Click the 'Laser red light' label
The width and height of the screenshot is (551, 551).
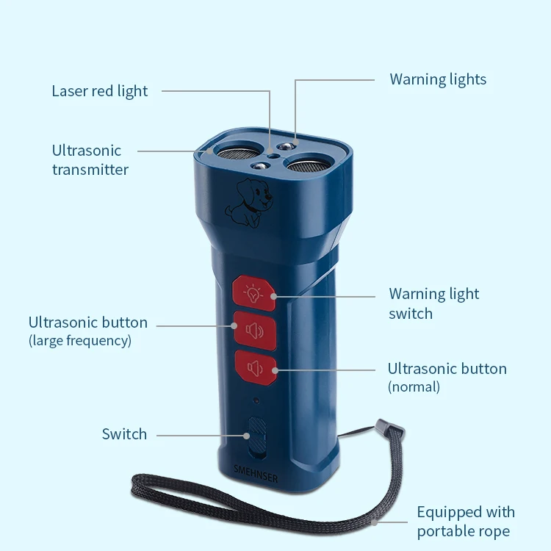coord(99,91)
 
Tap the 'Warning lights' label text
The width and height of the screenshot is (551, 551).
coord(438,79)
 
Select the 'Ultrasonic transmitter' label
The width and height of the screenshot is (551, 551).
coord(90,159)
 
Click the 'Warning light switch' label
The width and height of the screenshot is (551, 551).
coord(433,303)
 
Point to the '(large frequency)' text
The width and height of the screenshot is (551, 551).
coord(80,340)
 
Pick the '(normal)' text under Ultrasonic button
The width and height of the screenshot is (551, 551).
coord(414,386)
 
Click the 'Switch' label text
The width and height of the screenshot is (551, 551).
coord(124,434)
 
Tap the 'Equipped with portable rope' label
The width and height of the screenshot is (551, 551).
coord(466,522)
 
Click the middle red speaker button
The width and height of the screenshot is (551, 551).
coord(254,329)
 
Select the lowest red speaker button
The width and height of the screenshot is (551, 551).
coord(255,367)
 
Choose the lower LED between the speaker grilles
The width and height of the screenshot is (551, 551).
coord(258,166)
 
